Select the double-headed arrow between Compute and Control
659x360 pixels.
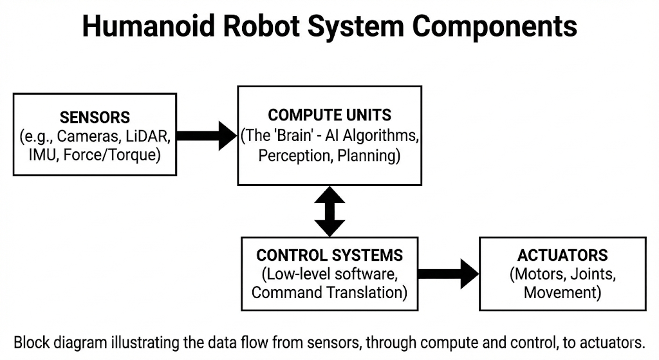[329, 211]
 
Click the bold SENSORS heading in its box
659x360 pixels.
[95, 118]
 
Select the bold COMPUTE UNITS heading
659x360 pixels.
[329, 115]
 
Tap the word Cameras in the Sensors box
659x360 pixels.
[88, 137]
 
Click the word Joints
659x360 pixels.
[592, 274]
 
